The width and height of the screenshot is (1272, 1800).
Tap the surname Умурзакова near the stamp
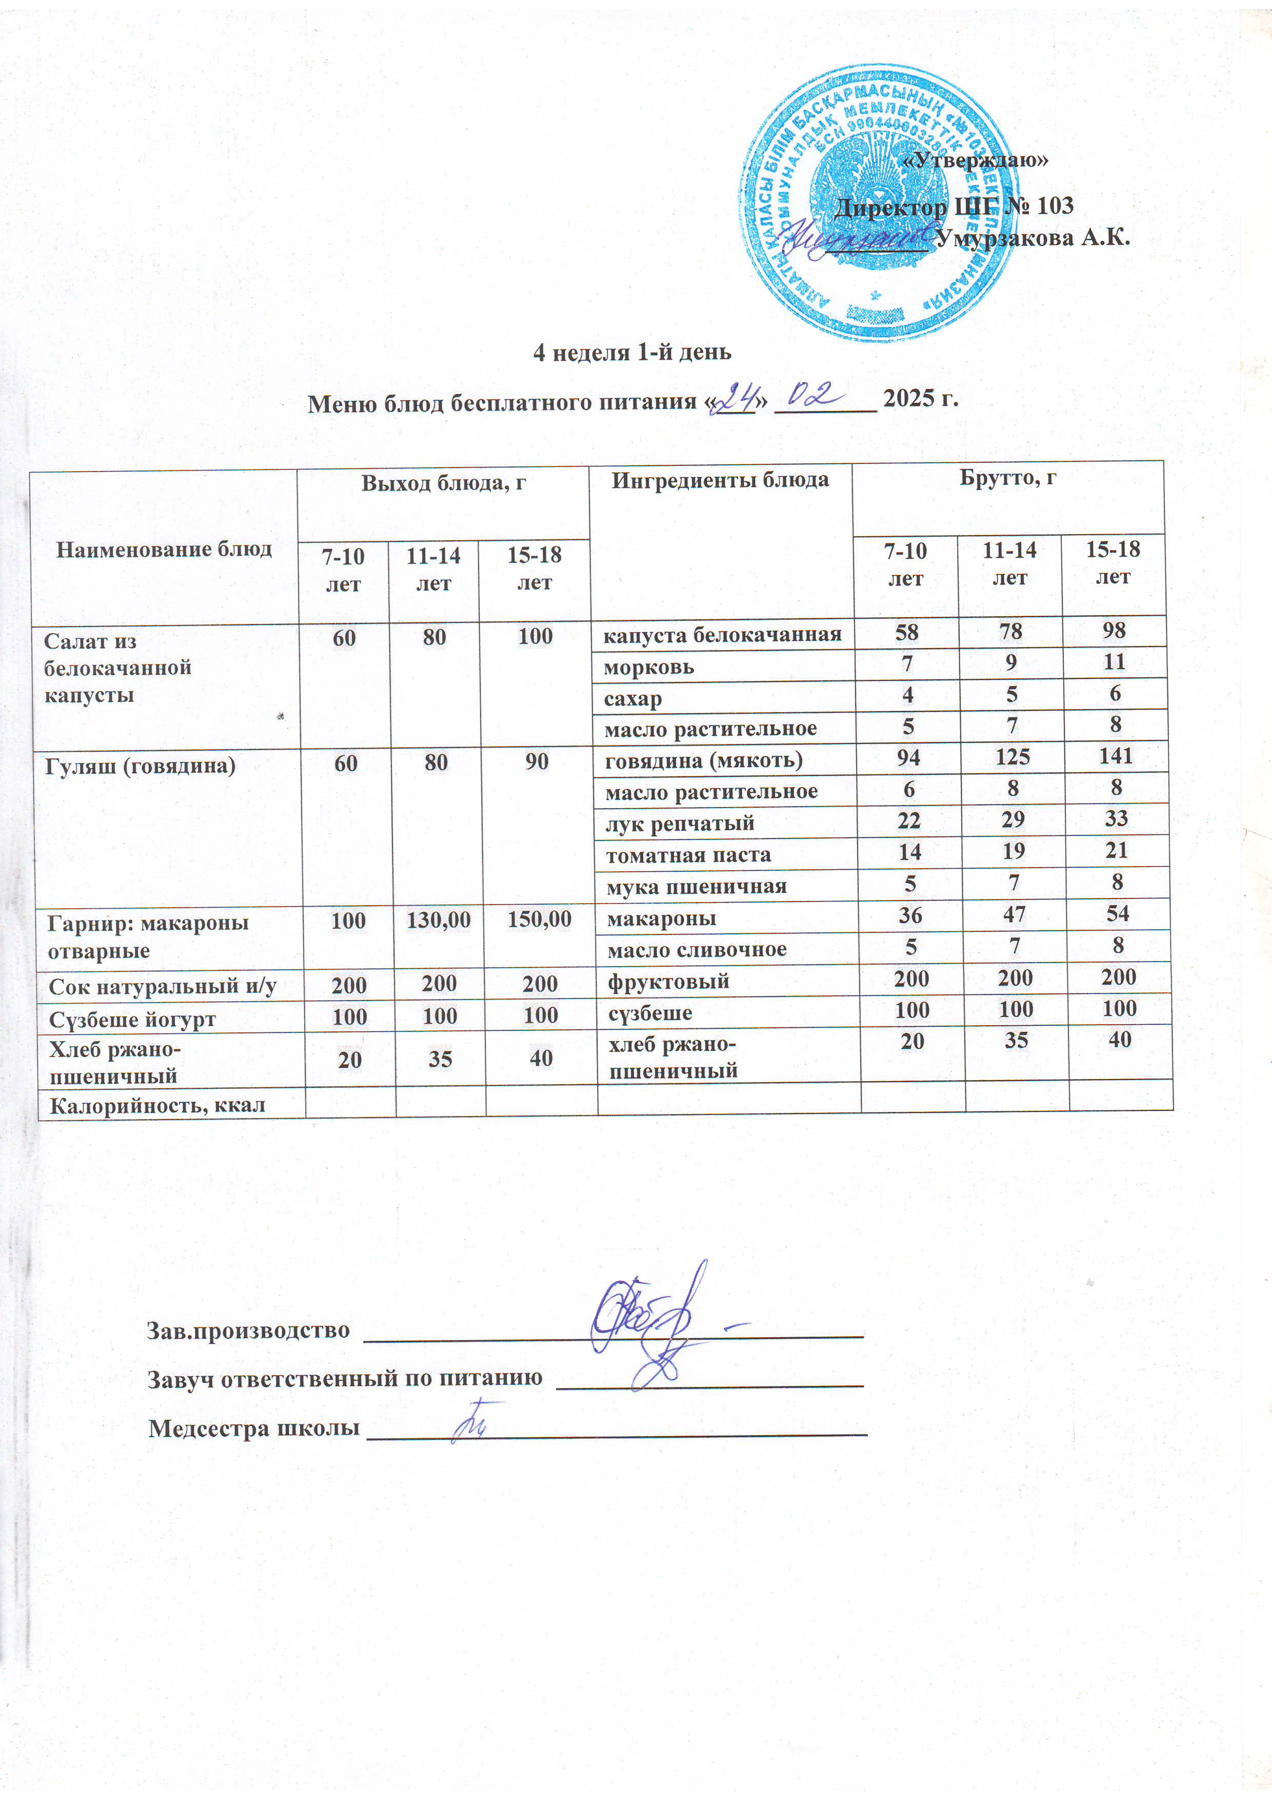(x=1033, y=238)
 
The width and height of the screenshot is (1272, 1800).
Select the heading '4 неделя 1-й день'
(x=632, y=352)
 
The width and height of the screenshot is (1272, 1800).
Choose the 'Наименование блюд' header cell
(x=164, y=549)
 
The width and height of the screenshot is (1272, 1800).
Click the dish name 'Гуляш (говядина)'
(x=141, y=765)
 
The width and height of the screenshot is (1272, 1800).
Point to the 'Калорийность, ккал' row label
(x=157, y=1105)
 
